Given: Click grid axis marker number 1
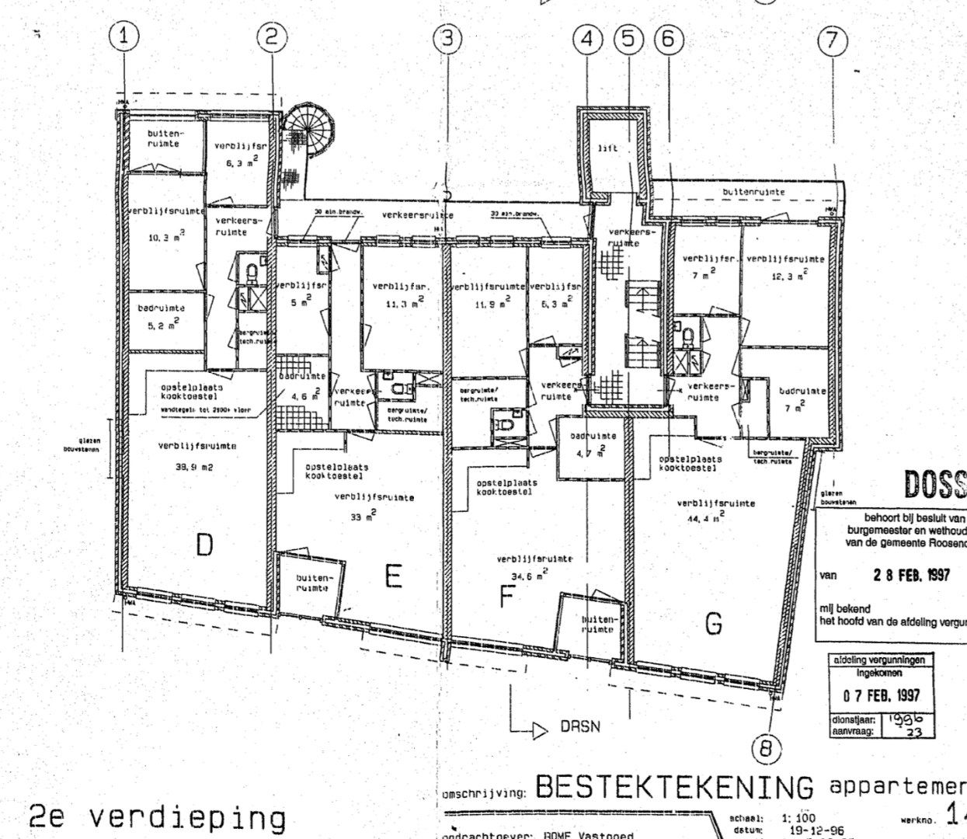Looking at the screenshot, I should (127, 36).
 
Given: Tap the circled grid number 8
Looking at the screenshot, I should (767, 749).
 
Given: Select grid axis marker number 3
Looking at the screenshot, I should (447, 39).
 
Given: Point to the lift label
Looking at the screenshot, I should (609, 148).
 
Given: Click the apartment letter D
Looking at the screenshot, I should (203, 545).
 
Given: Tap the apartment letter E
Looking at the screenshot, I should (393, 576).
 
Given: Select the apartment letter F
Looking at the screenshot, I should (506, 597).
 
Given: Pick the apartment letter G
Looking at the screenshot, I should (714, 623).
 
